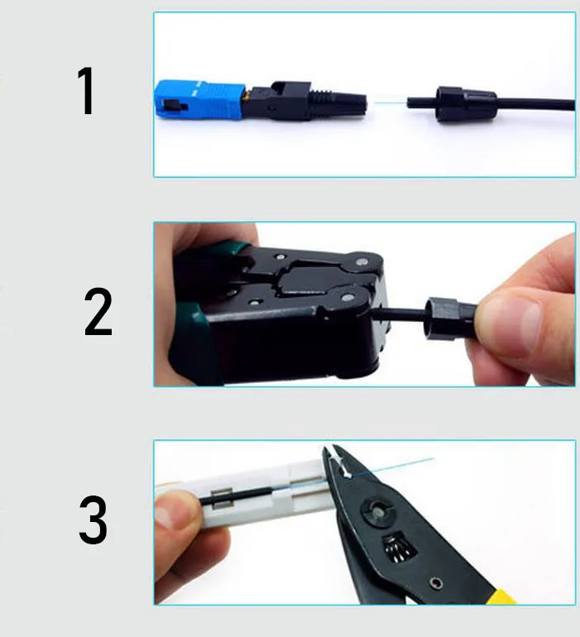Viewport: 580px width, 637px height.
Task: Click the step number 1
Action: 87,91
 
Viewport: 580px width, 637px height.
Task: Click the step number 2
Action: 98,312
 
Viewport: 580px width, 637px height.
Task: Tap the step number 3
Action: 93,520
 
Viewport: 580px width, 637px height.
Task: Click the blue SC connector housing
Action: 199,99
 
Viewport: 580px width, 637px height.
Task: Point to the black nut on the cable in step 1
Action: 465,104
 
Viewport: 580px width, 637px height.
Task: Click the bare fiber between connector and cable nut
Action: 391,103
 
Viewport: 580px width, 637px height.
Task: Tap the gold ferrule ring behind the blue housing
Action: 246,98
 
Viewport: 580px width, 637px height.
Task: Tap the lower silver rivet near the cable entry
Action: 348,297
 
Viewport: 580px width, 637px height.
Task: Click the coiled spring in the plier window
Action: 400,548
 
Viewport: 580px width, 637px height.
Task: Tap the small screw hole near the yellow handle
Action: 436,583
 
